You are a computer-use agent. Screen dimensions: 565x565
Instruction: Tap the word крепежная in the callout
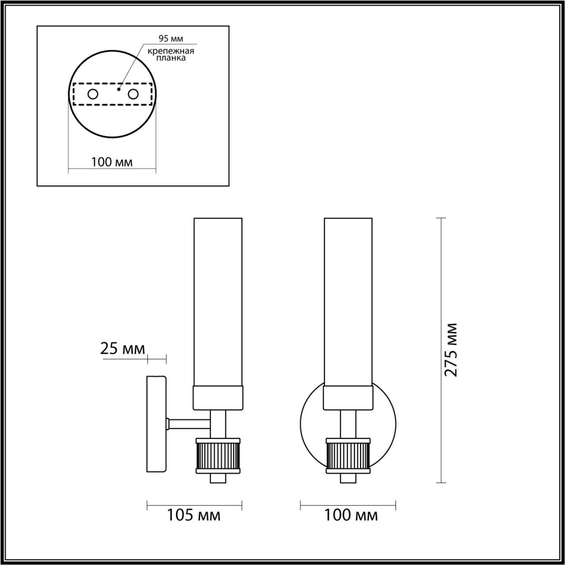tap(171, 51)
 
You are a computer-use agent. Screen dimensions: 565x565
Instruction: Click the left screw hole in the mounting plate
tap(93, 94)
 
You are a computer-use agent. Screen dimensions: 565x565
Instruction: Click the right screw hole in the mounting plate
tap(133, 94)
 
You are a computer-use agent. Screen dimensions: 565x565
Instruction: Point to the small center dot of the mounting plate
tap(118, 89)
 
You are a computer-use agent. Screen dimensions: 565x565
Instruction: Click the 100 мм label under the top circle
tap(112, 162)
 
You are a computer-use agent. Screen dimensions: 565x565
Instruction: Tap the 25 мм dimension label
tap(123, 349)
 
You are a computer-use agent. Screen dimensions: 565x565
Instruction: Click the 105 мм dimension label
tap(193, 515)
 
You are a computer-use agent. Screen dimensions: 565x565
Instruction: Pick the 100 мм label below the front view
tap(351, 515)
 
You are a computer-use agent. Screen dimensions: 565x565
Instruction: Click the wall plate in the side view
tap(156, 424)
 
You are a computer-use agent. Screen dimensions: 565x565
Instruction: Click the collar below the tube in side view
tap(218, 398)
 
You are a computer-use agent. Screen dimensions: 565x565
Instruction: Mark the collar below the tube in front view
tap(348, 398)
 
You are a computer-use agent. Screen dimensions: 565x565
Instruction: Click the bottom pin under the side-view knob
tap(218, 478)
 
